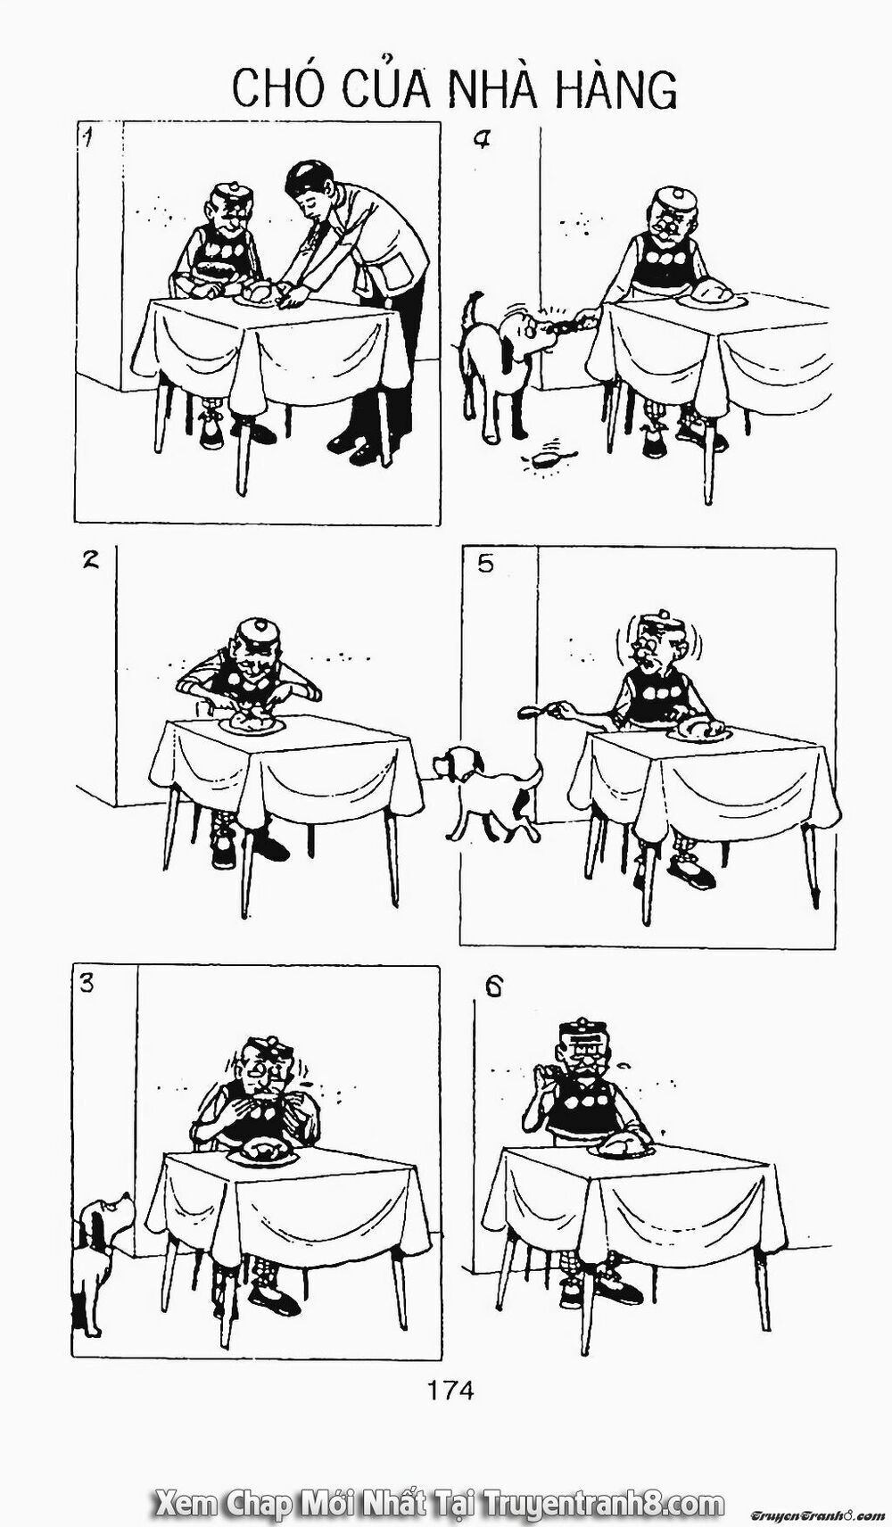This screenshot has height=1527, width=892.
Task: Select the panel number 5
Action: pyautogui.click(x=484, y=565)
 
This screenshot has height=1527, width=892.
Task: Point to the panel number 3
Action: pyautogui.click(x=87, y=984)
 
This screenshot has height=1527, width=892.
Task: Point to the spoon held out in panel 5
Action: pyautogui.click(x=533, y=711)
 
